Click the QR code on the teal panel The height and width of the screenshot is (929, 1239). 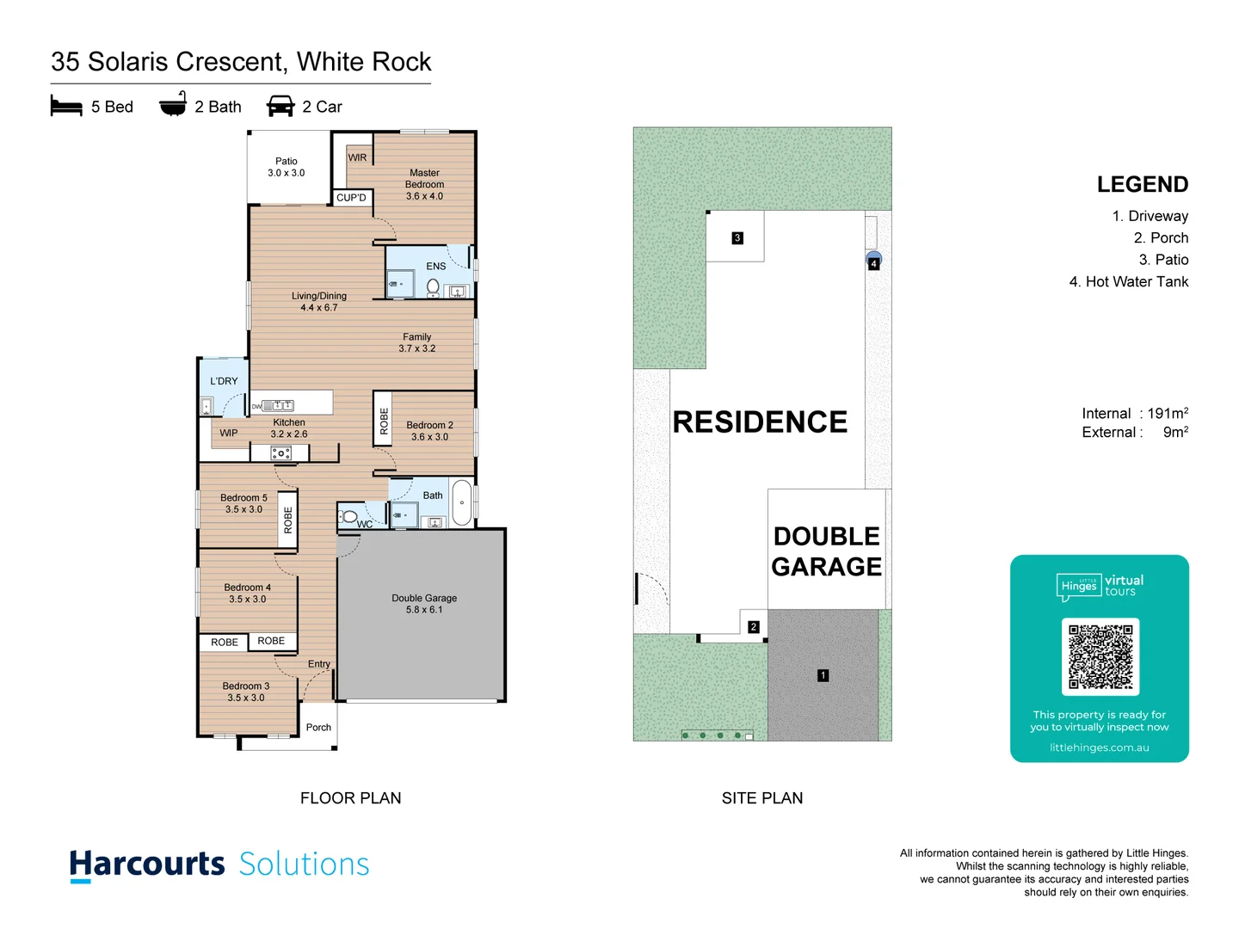1100,655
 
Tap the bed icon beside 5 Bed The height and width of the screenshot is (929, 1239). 66,107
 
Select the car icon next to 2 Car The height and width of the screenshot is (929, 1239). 280,107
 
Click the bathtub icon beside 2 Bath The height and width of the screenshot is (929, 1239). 173,104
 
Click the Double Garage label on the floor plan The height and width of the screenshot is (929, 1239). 424,604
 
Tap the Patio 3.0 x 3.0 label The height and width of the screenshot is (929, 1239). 287,167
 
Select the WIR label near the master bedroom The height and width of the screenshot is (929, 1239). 357,157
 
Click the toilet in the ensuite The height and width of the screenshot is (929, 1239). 434,286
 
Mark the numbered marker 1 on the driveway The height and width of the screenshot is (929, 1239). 823,675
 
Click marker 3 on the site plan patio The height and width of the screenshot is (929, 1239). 737,238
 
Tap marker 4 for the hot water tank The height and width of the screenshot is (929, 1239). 873,263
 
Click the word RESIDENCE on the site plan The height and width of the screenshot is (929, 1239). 760,422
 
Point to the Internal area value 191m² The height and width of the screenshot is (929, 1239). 1168,414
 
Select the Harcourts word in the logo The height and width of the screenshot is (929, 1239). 147,864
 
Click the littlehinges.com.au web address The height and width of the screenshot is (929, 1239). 1099,748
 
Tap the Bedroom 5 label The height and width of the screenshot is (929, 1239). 243,503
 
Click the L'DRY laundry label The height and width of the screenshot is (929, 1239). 224,381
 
